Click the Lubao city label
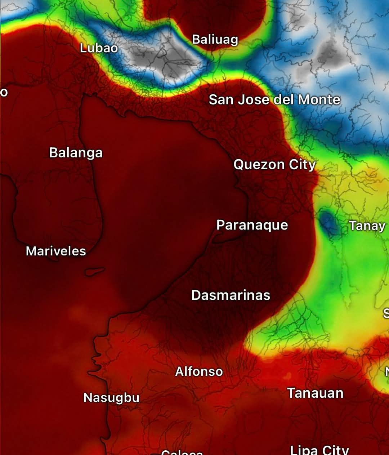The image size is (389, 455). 99,48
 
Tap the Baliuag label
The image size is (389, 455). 215,39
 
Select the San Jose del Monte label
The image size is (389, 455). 274,99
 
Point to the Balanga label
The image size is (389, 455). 76,152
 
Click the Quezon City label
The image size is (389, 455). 274,164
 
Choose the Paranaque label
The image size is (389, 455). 252,225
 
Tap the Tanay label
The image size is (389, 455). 367,226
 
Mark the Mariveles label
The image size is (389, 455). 56,251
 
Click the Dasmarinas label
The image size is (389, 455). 231,295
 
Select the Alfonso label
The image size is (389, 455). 199,371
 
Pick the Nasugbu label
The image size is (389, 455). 111,397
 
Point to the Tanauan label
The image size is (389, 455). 315,393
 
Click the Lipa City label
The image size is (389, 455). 319,450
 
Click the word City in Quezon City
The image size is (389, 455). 302,164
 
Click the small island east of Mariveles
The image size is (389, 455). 95,271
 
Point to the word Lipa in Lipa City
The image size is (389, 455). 304,450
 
